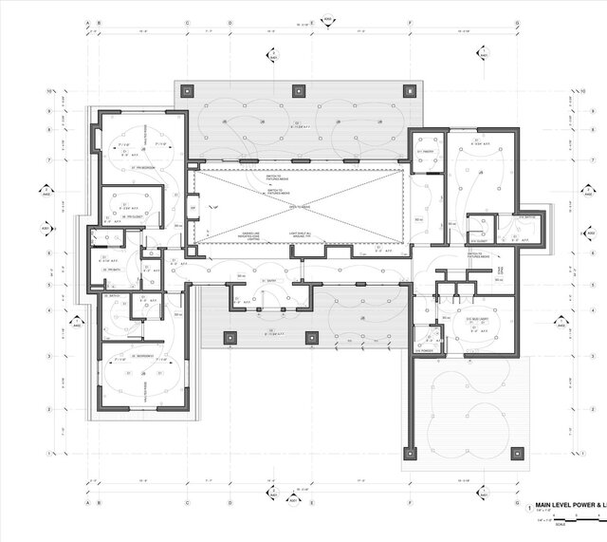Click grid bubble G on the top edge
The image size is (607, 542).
517,22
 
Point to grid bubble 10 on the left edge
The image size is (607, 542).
48,91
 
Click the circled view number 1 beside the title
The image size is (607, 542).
529,509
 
